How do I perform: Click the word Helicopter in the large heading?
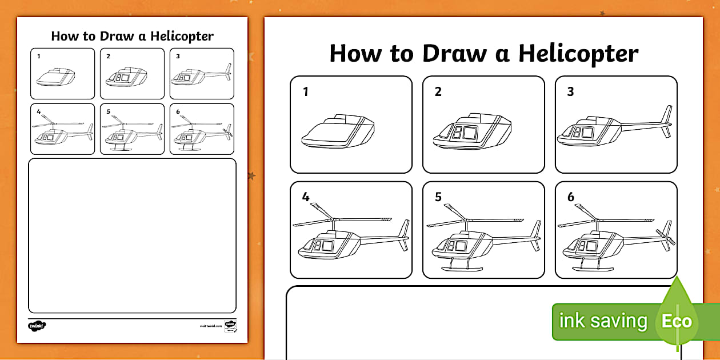tap(578, 54)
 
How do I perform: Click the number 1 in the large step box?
tap(306, 91)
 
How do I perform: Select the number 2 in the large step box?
tap(438, 91)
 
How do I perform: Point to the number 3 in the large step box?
tap(570, 91)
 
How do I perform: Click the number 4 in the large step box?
tap(306, 197)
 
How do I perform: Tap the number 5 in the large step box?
tap(438, 197)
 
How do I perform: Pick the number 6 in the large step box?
tap(570, 197)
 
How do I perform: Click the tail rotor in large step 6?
tap(666, 235)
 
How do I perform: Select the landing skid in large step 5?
tap(461, 268)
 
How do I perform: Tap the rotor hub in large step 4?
tap(332, 219)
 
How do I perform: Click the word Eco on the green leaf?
tap(677, 321)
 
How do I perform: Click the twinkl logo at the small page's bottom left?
tap(37, 326)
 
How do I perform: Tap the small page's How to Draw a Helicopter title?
tap(132, 36)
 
